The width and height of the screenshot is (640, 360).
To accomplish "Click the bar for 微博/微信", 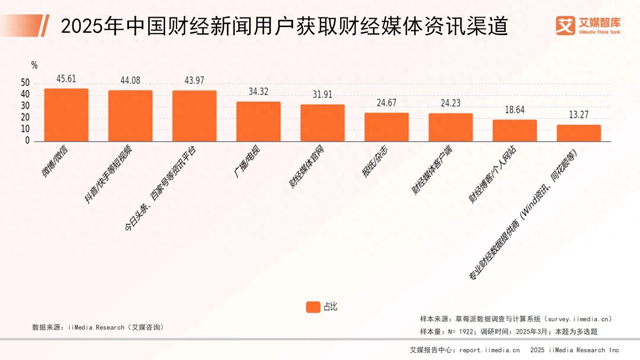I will (x=66, y=115).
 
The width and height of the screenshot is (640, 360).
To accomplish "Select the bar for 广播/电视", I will (x=258, y=122).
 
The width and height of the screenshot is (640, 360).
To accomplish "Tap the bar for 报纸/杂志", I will (x=386, y=127).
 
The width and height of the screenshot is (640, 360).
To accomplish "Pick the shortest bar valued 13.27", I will (x=579, y=133).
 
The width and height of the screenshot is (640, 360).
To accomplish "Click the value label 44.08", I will (x=130, y=80).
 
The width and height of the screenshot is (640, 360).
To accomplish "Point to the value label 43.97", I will (x=194, y=80).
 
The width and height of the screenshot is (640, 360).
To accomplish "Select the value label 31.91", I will (x=322, y=95).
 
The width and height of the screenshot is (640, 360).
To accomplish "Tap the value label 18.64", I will (x=515, y=110).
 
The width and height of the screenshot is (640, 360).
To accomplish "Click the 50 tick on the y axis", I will (x=25, y=83).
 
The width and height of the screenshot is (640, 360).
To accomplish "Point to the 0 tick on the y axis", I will (x=27, y=141).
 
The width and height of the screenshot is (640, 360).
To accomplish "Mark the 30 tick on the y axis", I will (x=25, y=106).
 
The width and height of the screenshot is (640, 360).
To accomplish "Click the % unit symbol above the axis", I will (x=34, y=65).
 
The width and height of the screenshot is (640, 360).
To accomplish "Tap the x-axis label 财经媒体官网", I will (x=306, y=166).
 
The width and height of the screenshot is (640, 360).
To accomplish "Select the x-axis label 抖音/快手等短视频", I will (x=108, y=174).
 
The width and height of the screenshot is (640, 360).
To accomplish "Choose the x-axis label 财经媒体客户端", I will (x=432, y=170).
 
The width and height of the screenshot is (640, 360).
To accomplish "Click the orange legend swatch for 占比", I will (x=313, y=307).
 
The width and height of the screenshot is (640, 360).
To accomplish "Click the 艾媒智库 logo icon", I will (x=565, y=26).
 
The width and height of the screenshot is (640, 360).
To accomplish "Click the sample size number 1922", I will (x=466, y=332).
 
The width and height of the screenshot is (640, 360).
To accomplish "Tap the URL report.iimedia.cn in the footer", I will (x=489, y=350).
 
